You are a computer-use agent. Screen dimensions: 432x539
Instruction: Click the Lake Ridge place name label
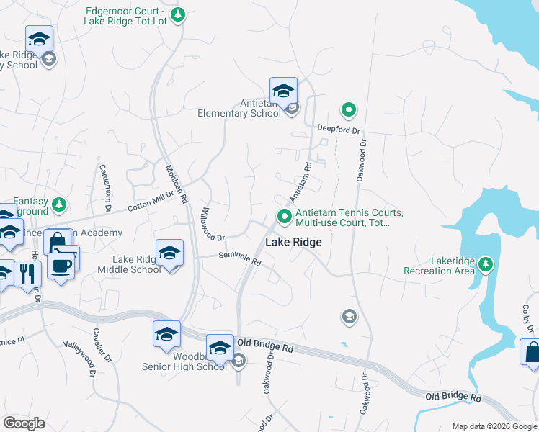click(x=293, y=243)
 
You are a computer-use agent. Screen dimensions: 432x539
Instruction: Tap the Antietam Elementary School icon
click(x=283, y=91)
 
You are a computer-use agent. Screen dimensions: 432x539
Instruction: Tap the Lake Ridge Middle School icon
click(x=169, y=253)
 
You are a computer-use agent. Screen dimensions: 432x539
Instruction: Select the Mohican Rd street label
click(x=177, y=184)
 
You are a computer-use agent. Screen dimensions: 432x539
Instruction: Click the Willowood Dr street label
click(x=213, y=224)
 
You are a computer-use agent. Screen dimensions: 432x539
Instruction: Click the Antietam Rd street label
click(x=300, y=181)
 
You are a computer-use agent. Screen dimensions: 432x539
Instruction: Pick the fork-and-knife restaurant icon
click(x=27, y=274)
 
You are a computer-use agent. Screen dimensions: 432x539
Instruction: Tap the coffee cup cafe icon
click(x=61, y=266)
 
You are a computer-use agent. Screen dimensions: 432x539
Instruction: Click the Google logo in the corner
click(x=24, y=423)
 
